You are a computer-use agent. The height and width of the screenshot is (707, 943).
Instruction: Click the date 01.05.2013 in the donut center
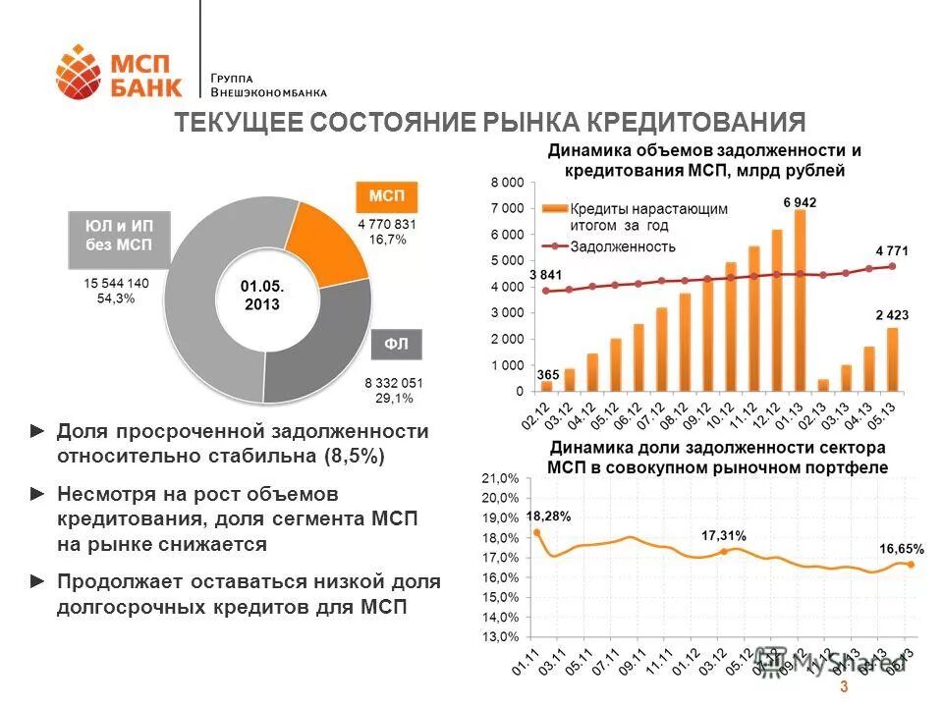(x=262, y=295)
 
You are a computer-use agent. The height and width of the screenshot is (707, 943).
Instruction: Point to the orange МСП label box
(x=386, y=196)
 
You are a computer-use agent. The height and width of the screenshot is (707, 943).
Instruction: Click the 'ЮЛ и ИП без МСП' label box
(x=118, y=236)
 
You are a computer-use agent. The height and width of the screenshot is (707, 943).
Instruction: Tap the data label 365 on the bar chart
(x=547, y=374)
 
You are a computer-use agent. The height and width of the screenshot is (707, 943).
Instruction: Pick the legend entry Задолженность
(x=623, y=246)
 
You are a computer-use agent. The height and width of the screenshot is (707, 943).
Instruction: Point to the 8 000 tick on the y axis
(x=507, y=183)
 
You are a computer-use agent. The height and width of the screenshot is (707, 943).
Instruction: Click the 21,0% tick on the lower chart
(x=500, y=478)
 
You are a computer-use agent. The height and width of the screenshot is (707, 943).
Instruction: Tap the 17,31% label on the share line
(x=723, y=535)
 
